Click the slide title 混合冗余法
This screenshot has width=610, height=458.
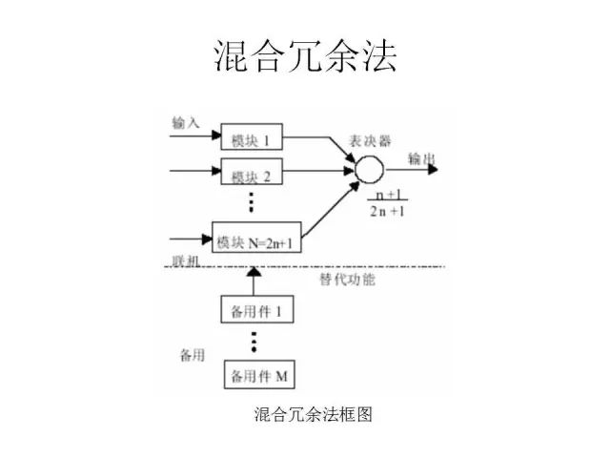click(x=303, y=56)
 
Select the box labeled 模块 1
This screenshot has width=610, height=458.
click(x=252, y=139)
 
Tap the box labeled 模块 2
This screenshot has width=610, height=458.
click(x=252, y=176)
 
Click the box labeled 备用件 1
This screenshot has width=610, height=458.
click(x=256, y=311)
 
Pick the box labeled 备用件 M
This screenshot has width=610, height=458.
click(x=258, y=376)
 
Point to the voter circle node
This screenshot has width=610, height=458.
click(x=369, y=170)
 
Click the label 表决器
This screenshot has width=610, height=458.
click(x=370, y=139)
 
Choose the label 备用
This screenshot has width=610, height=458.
click(x=193, y=355)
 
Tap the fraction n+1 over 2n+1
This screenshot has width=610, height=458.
click(x=386, y=202)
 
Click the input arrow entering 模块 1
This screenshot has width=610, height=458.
click(x=194, y=135)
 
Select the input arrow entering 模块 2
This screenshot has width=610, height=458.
click(x=194, y=173)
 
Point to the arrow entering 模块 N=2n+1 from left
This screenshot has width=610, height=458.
click(x=191, y=238)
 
